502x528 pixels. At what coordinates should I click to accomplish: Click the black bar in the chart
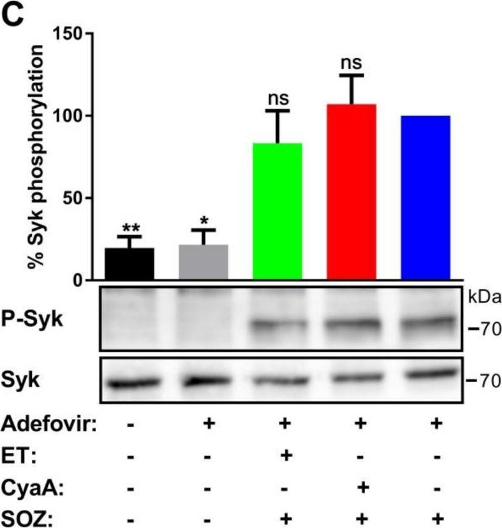pos(130,264)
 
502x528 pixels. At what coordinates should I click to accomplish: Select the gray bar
pos(204,262)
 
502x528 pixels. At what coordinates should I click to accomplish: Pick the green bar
pos(277,211)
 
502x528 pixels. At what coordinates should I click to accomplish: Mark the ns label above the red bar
pos(351,64)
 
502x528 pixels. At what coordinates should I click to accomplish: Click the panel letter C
pos(16,16)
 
